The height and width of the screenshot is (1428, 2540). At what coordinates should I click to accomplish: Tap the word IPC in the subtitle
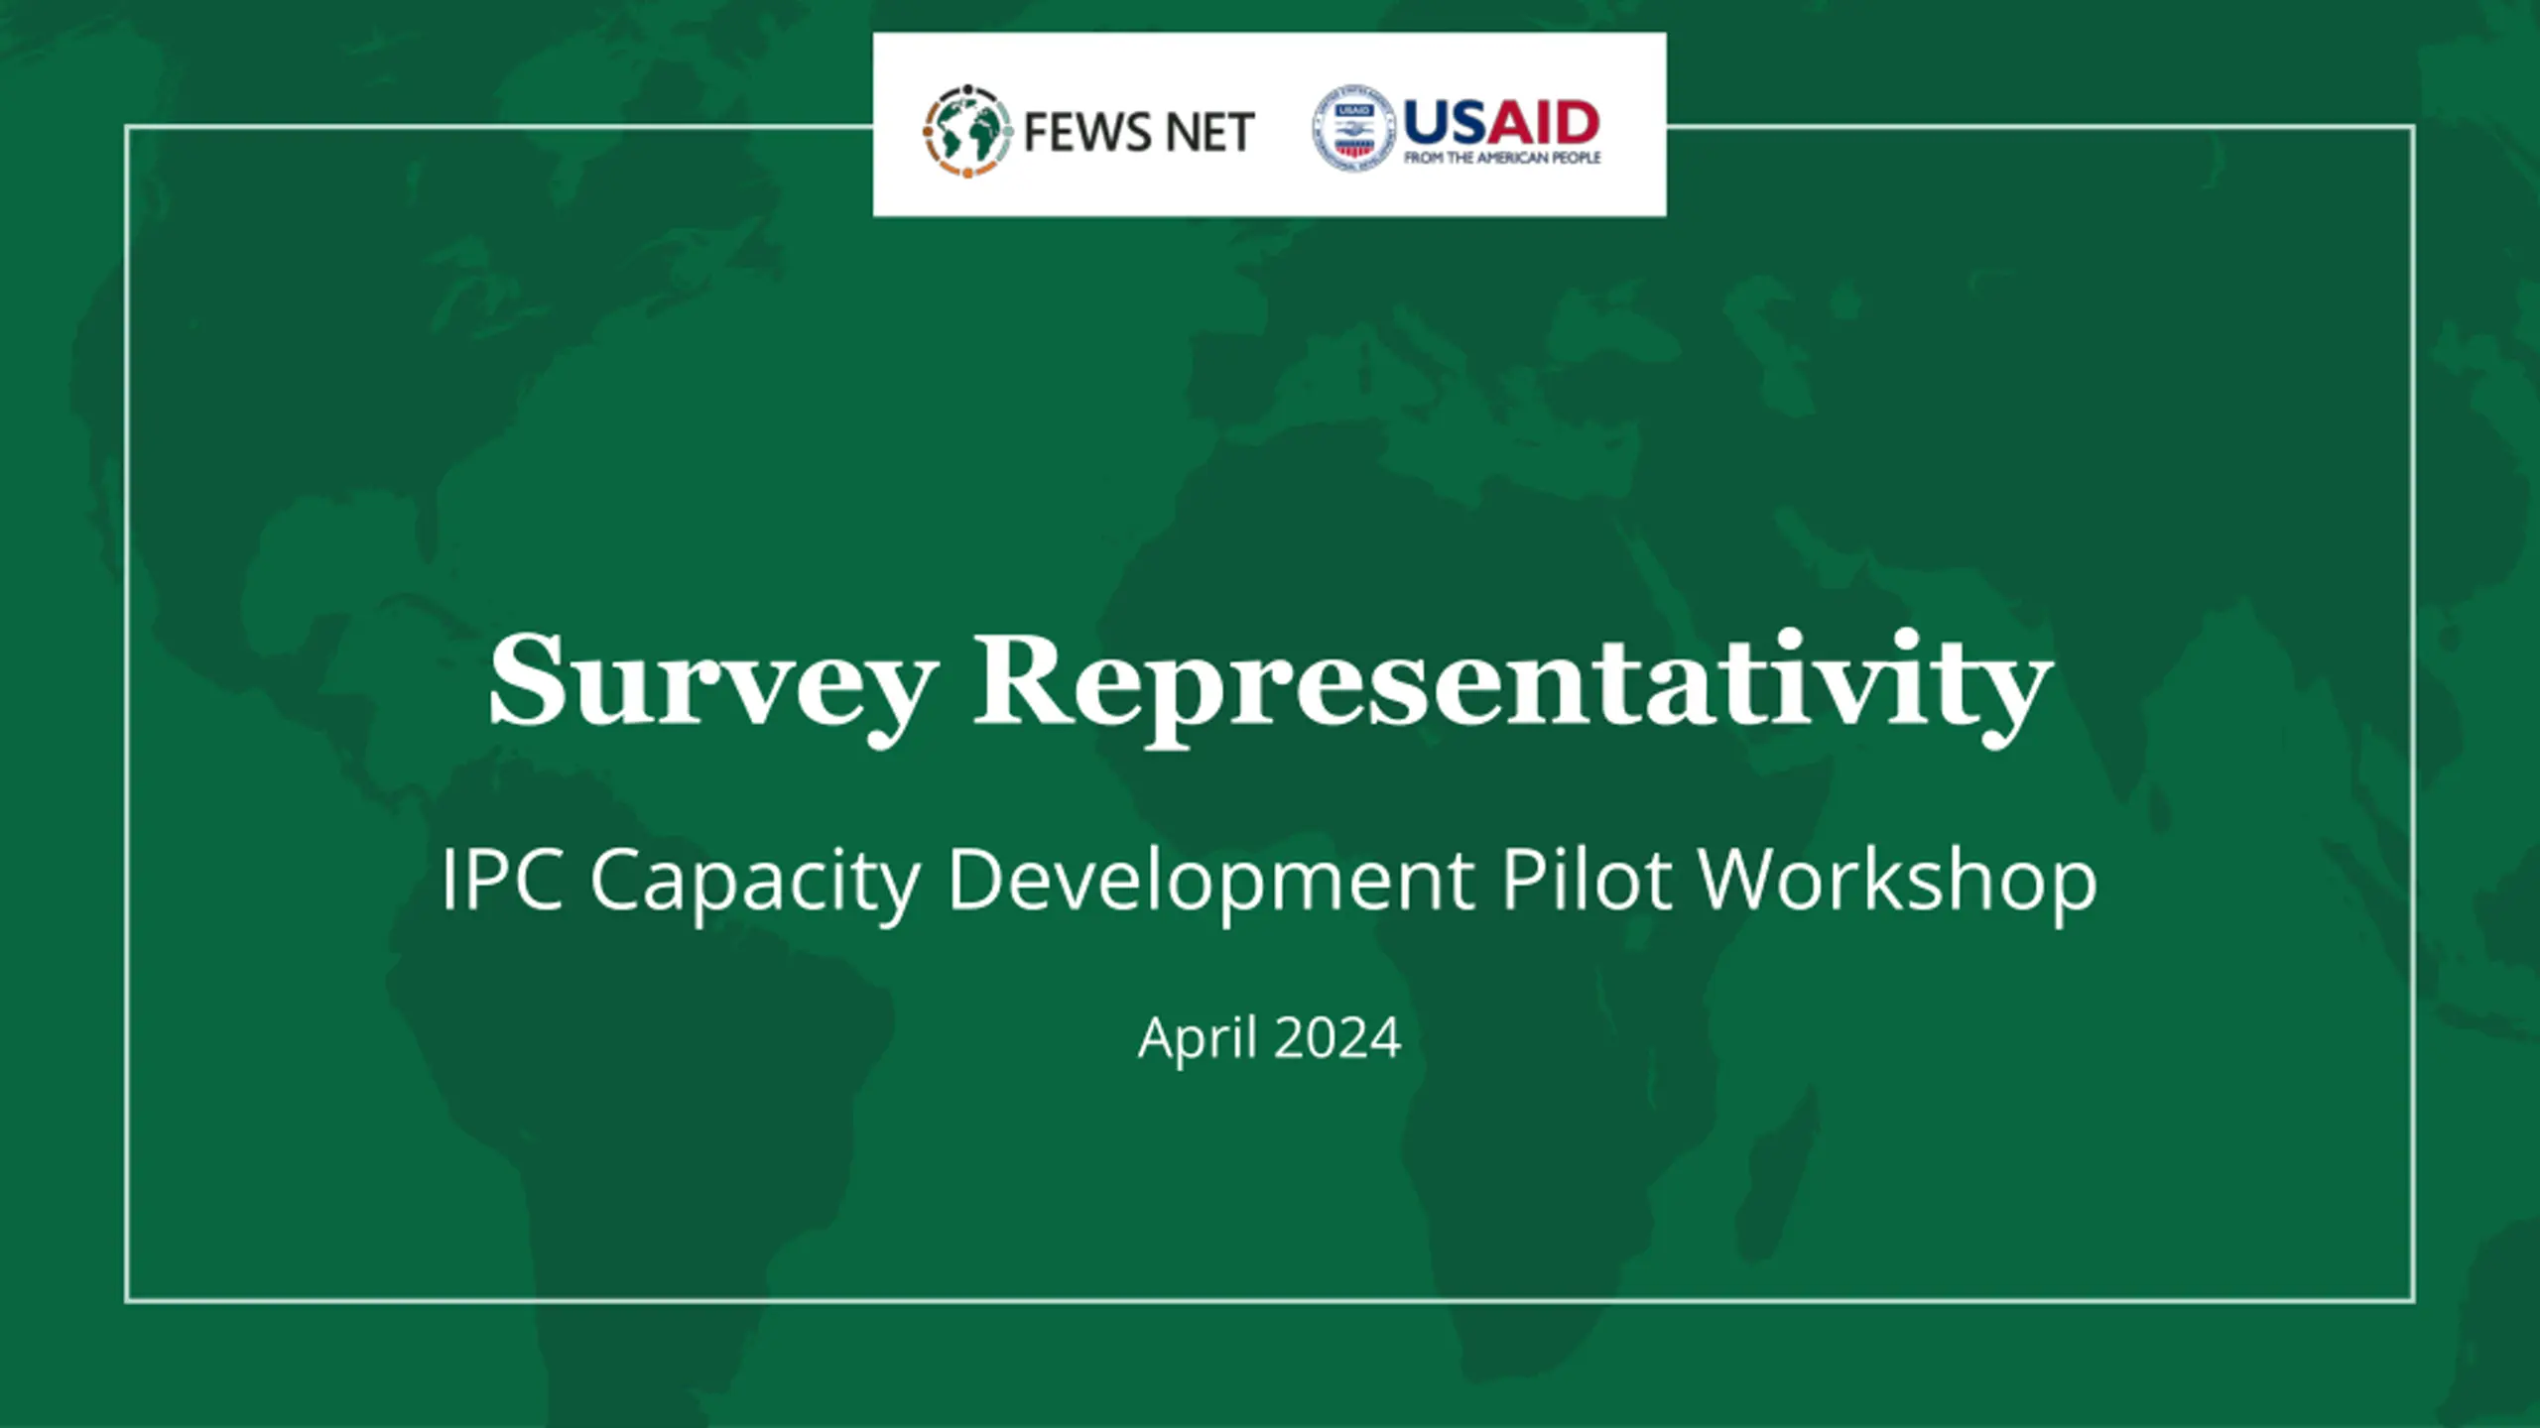(502, 879)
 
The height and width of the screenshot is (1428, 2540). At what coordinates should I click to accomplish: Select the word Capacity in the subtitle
(755, 883)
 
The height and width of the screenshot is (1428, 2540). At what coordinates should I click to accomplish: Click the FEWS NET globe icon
(967, 131)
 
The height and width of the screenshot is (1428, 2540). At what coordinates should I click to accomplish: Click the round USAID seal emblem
(1354, 128)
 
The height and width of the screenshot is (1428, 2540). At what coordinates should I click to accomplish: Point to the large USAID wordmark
(1501, 123)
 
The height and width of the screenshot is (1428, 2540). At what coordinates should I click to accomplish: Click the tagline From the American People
(1502, 158)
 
